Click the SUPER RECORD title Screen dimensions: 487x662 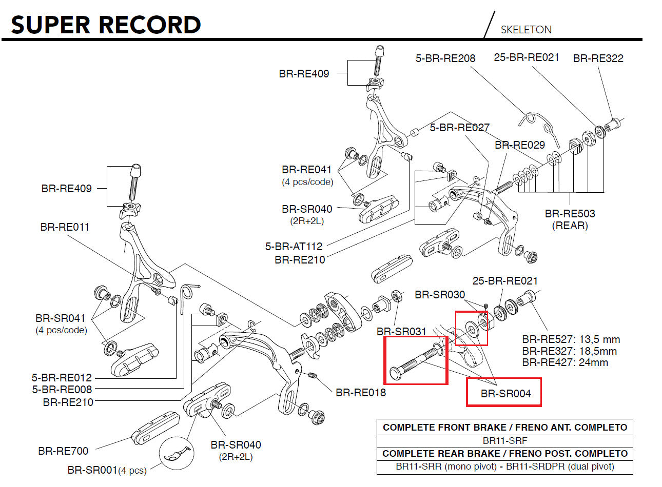pos(106,25)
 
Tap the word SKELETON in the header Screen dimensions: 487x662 pos(526,30)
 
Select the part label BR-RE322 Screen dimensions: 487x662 pos(598,58)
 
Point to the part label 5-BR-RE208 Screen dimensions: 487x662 pos(445,58)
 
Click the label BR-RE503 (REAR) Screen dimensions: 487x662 pos(570,219)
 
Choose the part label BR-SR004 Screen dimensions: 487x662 pos(505,394)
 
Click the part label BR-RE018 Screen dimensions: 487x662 pos(360,393)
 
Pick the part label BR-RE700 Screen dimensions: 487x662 pos(63,451)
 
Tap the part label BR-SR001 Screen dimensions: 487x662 pos(92,470)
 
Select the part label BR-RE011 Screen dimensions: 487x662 pos(65,227)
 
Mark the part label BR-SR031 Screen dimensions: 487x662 pos(401,332)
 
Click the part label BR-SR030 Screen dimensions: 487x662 pos(439,295)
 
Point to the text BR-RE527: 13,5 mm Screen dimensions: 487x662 pos(571,339)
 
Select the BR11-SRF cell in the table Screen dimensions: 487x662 pos(505,440)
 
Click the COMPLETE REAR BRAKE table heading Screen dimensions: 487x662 pos(505,454)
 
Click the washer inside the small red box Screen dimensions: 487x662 pos(470,328)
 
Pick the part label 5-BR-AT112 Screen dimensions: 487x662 pos(294,247)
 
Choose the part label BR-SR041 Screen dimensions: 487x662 pos(61,318)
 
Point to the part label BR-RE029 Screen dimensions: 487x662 pos(519,145)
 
